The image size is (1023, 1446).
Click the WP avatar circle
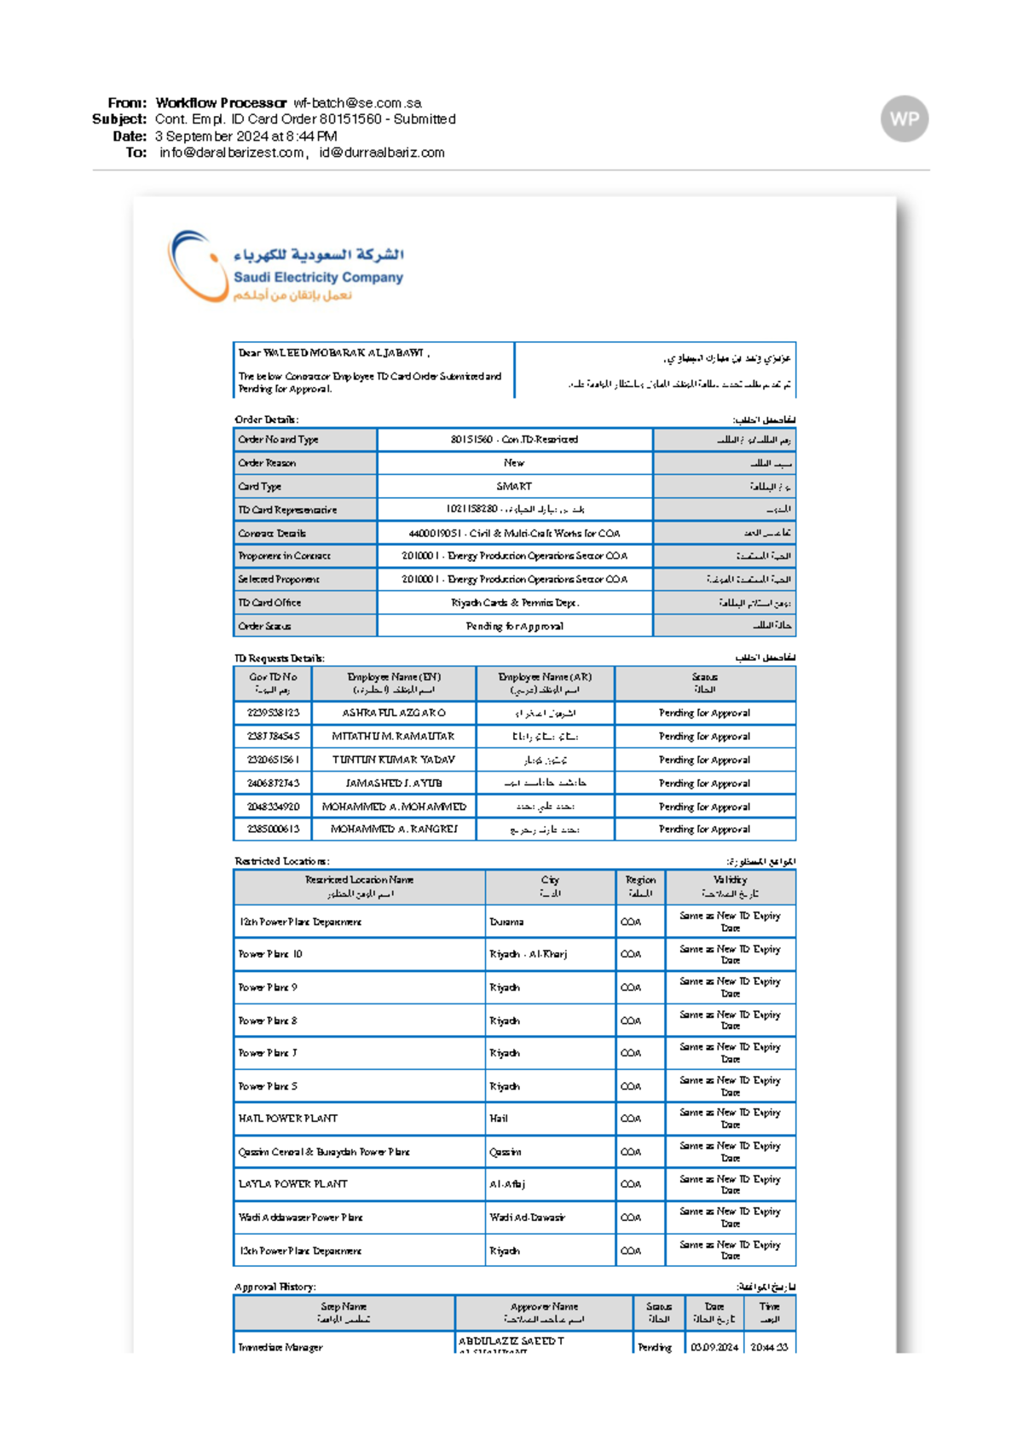(904, 119)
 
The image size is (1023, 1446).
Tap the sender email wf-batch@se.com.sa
(357, 103)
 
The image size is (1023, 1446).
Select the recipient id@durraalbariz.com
(382, 153)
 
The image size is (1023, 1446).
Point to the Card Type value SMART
(514, 486)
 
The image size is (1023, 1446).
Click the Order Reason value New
(514, 463)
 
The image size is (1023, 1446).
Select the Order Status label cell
(304, 626)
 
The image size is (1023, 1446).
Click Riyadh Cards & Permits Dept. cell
(514, 603)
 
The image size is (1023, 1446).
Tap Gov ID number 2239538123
(273, 713)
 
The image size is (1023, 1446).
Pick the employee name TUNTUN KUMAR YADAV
(393, 760)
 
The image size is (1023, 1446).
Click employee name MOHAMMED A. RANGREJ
(393, 829)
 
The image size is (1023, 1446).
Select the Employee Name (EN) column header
(393, 683)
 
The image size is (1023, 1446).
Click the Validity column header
(730, 887)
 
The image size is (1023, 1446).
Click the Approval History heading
(275, 1287)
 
